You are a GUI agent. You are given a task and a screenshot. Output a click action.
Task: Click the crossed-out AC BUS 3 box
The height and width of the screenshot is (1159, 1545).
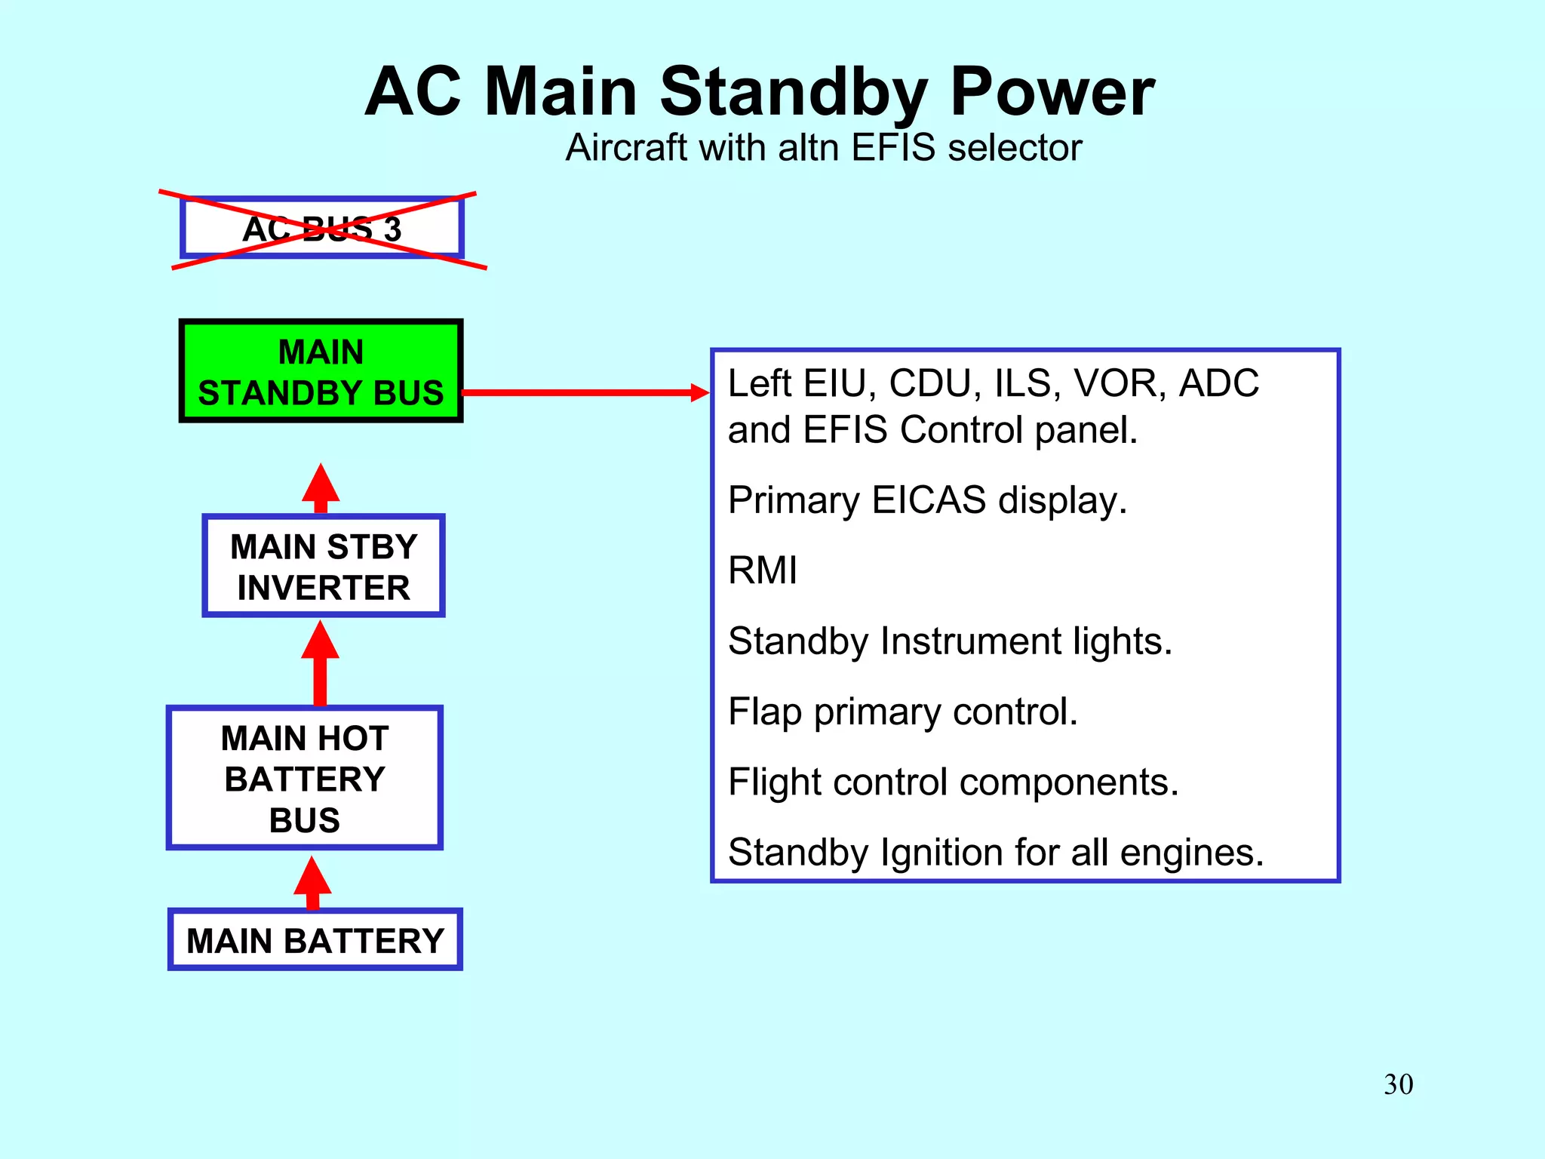tap(321, 228)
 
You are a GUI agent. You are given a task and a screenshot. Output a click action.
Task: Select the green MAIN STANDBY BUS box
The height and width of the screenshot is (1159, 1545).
tap(321, 370)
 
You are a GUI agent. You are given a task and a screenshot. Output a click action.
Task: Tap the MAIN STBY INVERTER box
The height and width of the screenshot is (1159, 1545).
tap(324, 566)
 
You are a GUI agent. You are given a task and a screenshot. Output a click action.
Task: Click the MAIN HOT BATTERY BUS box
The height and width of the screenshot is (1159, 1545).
tap(305, 778)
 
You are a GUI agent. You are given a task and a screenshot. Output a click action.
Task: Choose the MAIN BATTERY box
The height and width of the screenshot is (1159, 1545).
tap(315, 940)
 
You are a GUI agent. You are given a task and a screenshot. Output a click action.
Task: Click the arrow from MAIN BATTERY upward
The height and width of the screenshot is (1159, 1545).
tap(312, 883)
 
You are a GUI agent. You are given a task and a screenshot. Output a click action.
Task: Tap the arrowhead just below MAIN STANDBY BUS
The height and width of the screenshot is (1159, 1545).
tap(321, 485)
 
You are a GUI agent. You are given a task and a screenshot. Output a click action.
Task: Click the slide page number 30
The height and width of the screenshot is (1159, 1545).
tap(1398, 1084)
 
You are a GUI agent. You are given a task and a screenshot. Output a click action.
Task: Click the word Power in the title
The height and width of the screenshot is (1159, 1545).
tap(1052, 92)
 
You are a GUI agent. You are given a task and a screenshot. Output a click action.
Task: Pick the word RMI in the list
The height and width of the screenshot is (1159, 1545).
tap(763, 570)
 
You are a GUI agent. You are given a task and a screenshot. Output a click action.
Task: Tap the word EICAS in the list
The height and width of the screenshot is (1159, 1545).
tap(929, 500)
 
